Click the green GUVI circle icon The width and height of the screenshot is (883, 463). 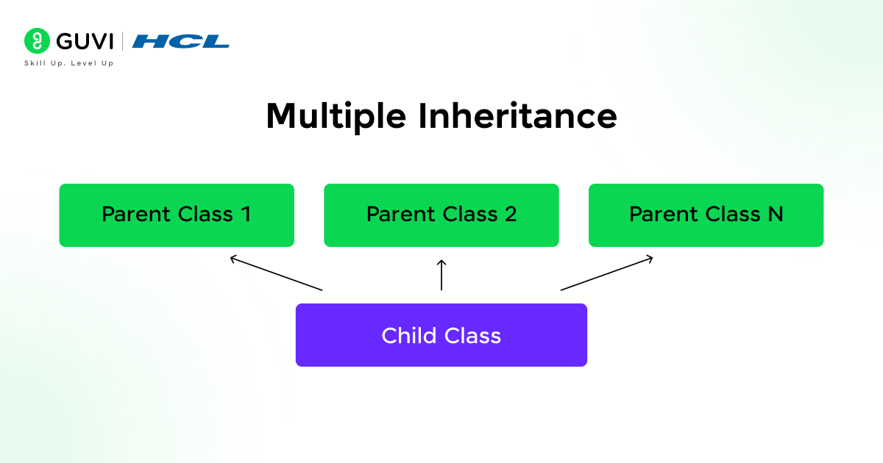pyautogui.click(x=36, y=40)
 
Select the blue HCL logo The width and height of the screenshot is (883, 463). pyautogui.click(x=180, y=41)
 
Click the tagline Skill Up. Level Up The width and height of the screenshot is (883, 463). pyautogui.click(x=69, y=63)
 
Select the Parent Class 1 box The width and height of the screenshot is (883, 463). pyautogui.click(x=177, y=215)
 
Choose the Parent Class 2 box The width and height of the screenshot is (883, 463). pyautogui.click(x=441, y=215)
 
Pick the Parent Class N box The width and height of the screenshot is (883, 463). pyautogui.click(x=706, y=215)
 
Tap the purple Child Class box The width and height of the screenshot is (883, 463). pyautogui.click(x=441, y=335)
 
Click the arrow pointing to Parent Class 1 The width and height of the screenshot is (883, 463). pyautogui.click(x=276, y=273)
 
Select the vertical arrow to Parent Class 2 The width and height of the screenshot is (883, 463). pyautogui.click(x=441, y=276)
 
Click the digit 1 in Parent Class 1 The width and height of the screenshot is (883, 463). pyautogui.click(x=246, y=215)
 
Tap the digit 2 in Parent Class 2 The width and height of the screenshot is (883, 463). pyautogui.click(x=510, y=215)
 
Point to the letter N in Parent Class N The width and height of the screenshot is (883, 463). pyautogui.click(x=775, y=215)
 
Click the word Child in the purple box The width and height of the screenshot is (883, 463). pyautogui.click(x=407, y=336)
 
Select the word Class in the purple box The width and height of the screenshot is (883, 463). pyautogui.click(x=473, y=336)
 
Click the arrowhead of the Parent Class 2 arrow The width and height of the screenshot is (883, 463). pyautogui.click(x=441, y=262)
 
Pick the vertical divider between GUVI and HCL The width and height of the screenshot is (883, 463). pyautogui.click(x=122, y=40)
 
